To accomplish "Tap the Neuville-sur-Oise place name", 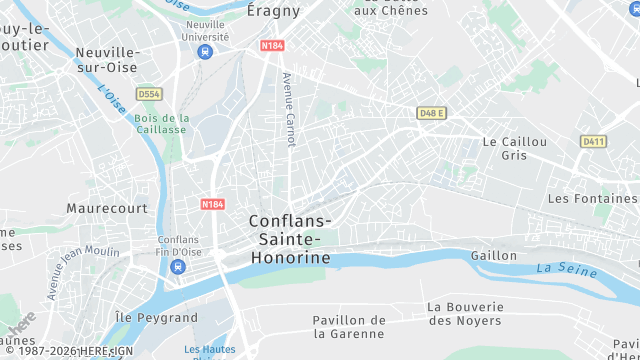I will [107, 59].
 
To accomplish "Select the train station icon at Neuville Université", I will [205, 51].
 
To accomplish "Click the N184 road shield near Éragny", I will [272, 46].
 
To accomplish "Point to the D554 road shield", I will [149, 94].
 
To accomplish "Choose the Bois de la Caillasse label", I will [160, 123].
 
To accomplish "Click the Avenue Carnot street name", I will [289, 109].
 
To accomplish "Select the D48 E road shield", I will [431, 113].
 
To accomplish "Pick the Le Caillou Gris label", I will [515, 149].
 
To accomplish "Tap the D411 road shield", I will [593, 141].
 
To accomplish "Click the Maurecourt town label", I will [107, 208].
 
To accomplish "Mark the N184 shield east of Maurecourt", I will [212, 204].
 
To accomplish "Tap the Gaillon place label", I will [494, 256].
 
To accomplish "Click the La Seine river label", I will [559, 268].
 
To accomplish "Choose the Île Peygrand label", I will [157, 317].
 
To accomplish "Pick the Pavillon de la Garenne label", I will [349, 327].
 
